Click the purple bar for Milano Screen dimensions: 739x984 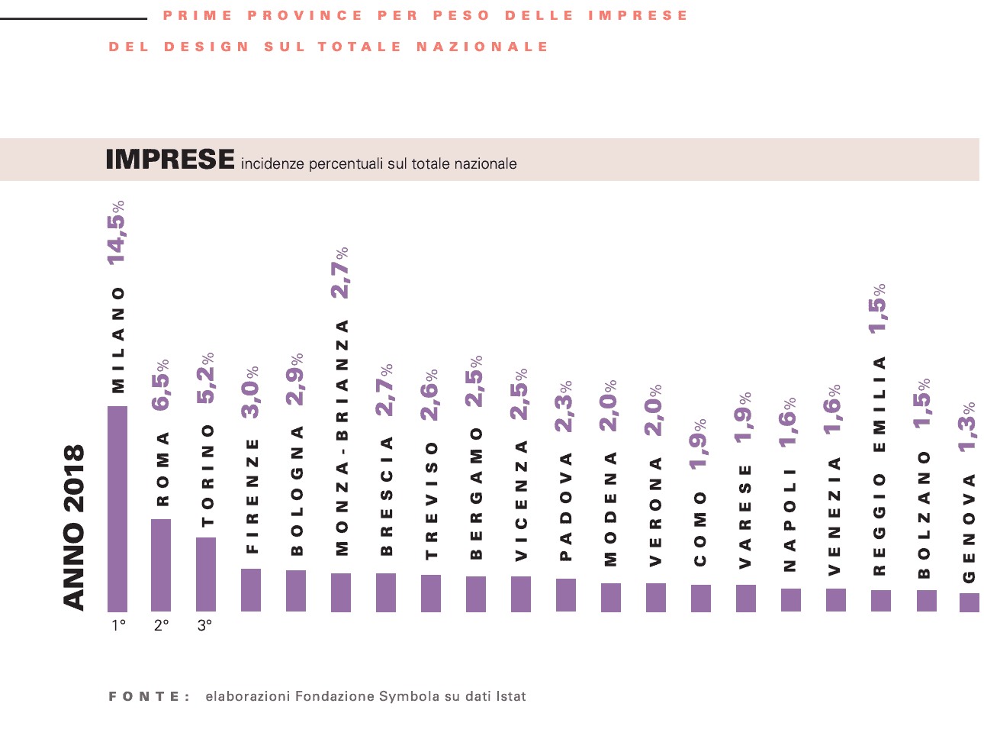point(117,508)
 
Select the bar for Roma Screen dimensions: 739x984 point(161,565)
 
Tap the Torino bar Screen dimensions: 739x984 point(206,574)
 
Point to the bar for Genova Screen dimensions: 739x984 point(969,602)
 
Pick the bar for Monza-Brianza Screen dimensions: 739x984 point(341,592)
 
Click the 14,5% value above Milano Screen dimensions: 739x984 point(117,233)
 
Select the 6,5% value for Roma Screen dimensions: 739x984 point(162,385)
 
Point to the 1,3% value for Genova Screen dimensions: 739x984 point(969,427)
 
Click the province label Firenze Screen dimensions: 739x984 point(252,495)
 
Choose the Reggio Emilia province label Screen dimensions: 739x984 point(879,465)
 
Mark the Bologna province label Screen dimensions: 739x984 point(297,490)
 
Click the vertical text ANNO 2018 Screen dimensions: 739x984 point(73,528)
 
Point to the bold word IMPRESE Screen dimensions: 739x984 point(170,160)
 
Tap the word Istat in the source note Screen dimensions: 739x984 point(511,696)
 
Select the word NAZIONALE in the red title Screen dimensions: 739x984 point(482,47)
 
